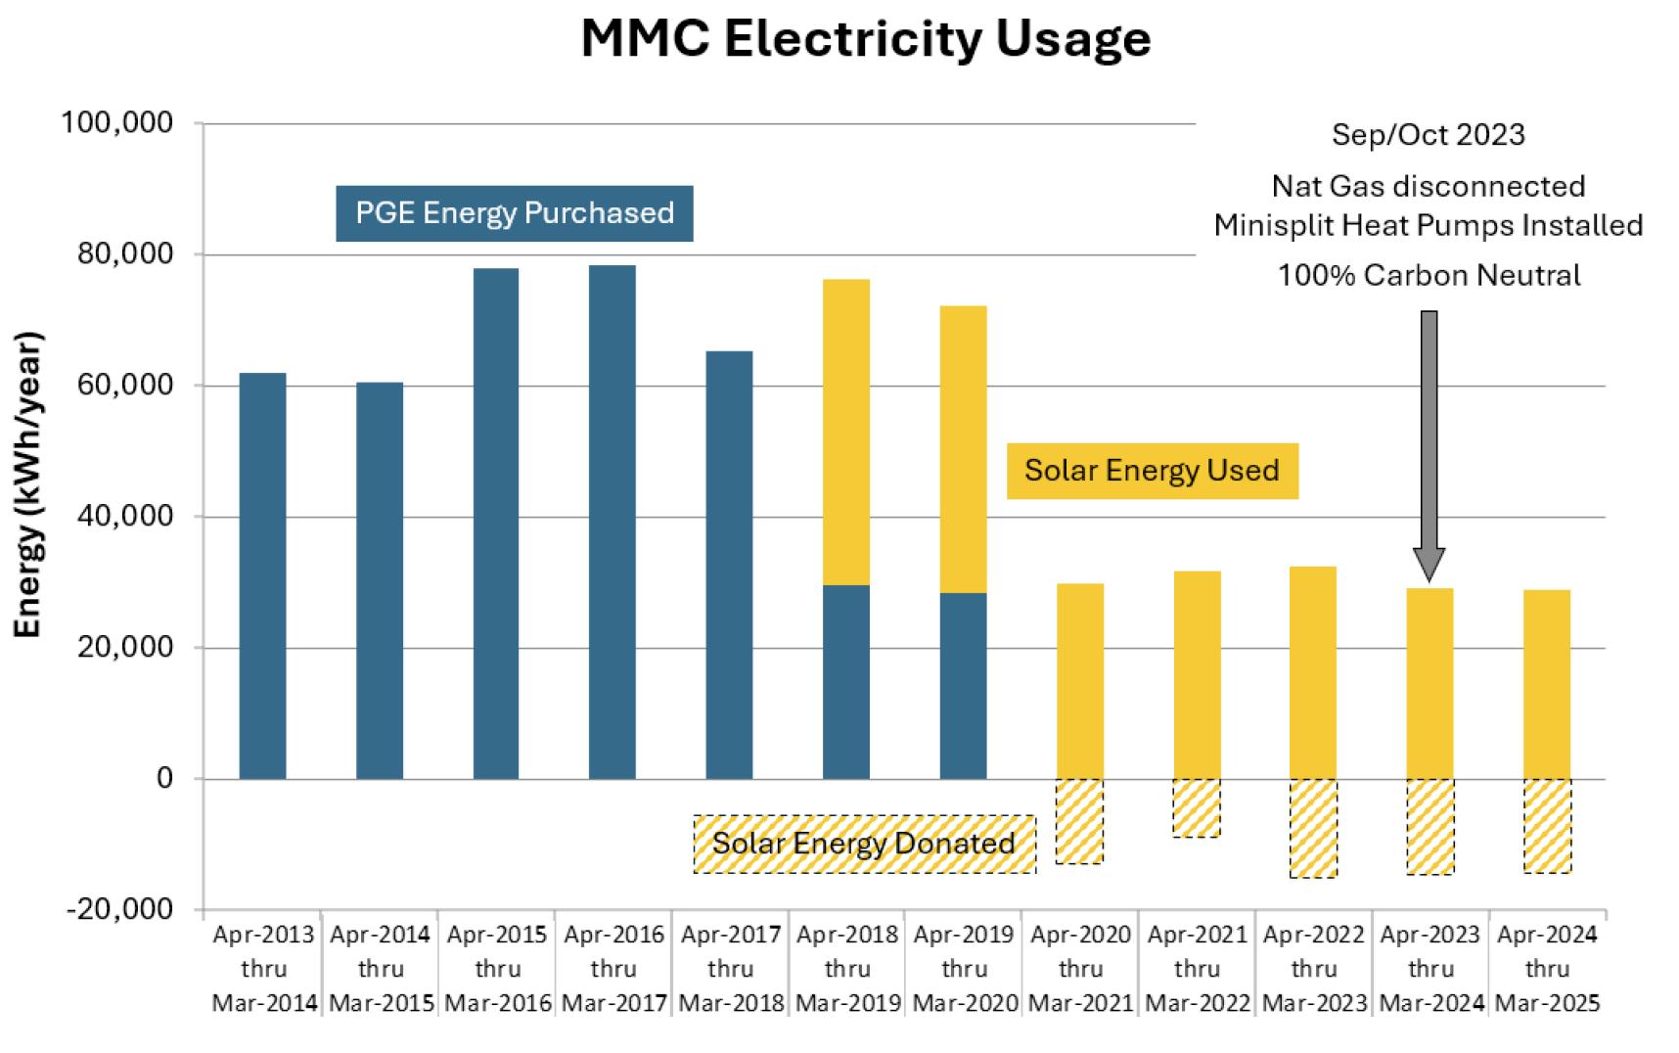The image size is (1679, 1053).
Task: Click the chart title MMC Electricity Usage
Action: pyautogui.click(x=865, y=40)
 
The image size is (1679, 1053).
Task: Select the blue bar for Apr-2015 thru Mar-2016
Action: pyautogui.click(x=496, y=524)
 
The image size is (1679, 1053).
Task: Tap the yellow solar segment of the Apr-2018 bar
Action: pyautogui.click(x=846, y=432)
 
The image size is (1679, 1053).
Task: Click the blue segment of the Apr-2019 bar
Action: pyautogui.click(x=963, y=685)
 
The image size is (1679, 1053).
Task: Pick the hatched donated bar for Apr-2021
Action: pyautogui.click(x=1197, y=807)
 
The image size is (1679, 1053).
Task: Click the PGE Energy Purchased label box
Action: pyautogui.click(x=515, y=213)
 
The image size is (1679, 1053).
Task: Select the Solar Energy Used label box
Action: pyautogui.click(x=1152, y=471)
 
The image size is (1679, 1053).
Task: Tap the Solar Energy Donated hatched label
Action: pyautogui.click(x=864, y=844)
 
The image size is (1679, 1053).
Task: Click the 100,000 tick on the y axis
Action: pyautogui.click(x=117, y=123)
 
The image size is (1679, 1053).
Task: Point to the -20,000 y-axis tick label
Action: pyautogui.click(x=119, y=909)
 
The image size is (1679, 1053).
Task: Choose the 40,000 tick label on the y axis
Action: pyautogui.click(x=125, y=516)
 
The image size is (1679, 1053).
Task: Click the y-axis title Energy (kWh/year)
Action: pyautogui.click(x=28, y=484)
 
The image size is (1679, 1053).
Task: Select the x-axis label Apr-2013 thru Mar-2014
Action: pyautogui.click(x=264, y=969)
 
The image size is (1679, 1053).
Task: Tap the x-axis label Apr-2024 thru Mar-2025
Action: pyautogui.click(x=1547, y=969)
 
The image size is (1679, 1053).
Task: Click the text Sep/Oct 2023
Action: pyautogui.click(x=1428, y=134)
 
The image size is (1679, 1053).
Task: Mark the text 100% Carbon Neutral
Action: pyautogui.click(x=1429, y=275)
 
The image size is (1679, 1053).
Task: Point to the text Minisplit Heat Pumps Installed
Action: pyautogui.click(x=1429, y=225)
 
